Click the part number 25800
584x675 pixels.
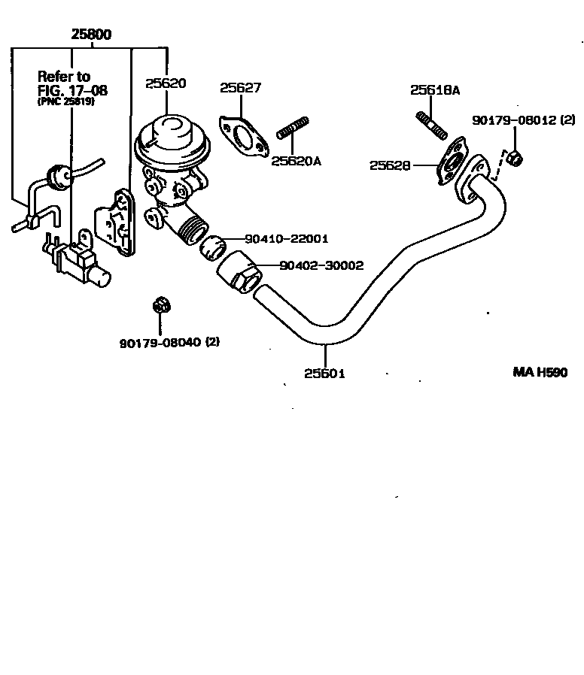point(92,35)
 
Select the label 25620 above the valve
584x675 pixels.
point(166,83)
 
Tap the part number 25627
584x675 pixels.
point(241,88)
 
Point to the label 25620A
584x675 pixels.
point(296,160)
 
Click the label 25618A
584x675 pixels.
point(435,90)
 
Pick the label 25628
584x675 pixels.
point(390,165)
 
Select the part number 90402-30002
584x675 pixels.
point(321,265)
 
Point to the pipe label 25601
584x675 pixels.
point(325,373)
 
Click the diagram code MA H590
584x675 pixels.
point(540,373)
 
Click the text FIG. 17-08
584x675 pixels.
point(72,90)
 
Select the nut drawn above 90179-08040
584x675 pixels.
point(159,305)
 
